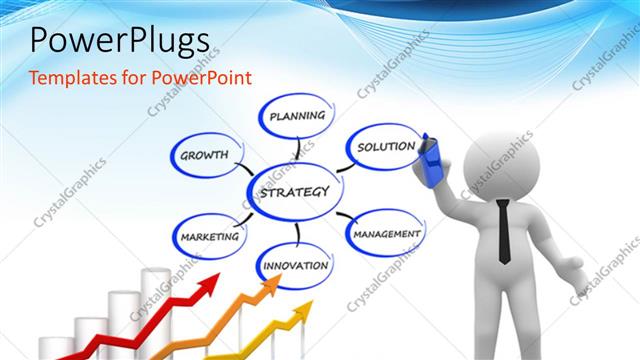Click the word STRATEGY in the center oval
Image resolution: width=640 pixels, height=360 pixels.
[x=293, y=191]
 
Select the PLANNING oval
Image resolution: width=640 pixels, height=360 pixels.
[x=297, y=116]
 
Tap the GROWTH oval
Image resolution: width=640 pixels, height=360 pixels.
[x=204, y=155]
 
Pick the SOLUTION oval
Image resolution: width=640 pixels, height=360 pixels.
[x=385, y=147]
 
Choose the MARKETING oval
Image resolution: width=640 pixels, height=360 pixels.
[x=210, y=237]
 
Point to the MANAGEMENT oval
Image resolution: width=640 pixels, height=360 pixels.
[x=385, y=233]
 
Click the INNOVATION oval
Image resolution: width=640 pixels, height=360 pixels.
[x=295, y=266]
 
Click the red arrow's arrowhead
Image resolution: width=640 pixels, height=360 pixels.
[x=209, y=286]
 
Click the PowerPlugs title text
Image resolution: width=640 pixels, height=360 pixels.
[x=119, y=40]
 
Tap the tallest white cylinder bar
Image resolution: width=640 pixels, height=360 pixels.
[x=155, y=310]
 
